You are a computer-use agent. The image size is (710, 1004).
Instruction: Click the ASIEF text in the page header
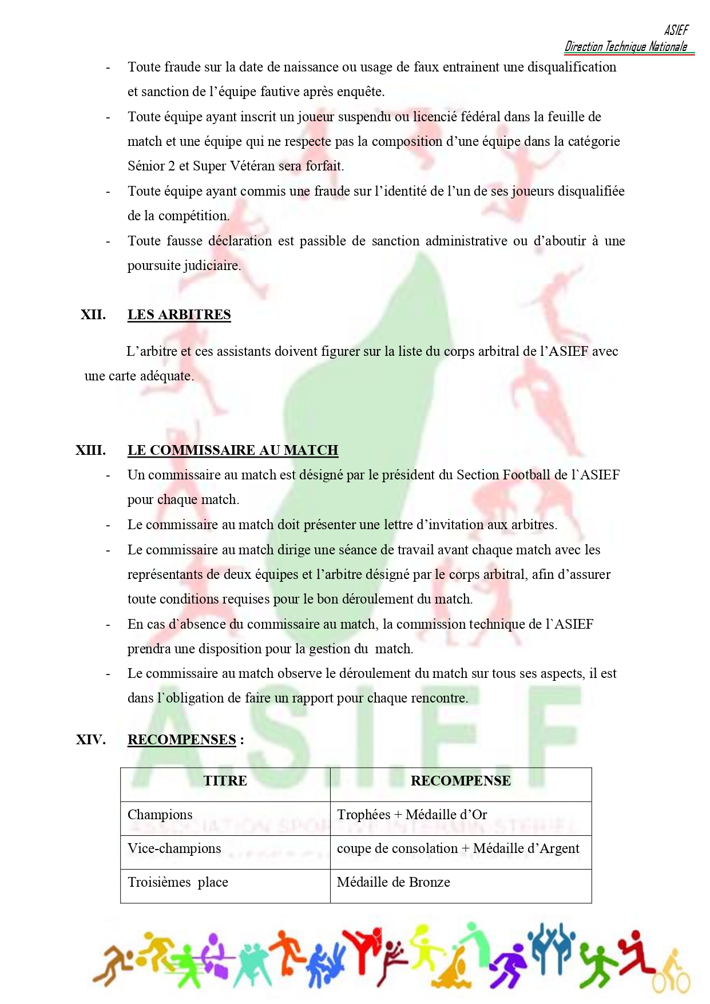coord(676,30)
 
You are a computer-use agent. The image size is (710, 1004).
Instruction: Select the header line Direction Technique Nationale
coord(626,47)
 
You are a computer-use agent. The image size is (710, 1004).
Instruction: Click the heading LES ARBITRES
coord(179,315)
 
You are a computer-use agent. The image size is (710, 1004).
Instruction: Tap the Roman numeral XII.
coord(93,315)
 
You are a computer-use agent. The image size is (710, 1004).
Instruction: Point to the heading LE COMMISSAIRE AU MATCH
coord(232,450)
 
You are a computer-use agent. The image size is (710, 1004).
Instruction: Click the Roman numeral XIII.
coord(90,450)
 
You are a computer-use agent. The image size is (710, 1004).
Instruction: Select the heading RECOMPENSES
coord(181,740)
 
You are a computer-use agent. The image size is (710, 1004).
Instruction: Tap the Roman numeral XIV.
coord(90,740)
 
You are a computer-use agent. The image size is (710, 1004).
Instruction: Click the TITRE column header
coord(225,781)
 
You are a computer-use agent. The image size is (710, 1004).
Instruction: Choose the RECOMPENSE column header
coord(461,781)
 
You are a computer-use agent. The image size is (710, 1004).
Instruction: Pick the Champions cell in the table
coord(160,815)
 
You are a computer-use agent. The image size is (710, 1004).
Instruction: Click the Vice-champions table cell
coord(174,848)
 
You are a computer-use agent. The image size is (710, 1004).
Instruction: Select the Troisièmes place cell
coord(177,882)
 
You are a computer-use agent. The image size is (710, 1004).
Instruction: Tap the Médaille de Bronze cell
coord(394,882)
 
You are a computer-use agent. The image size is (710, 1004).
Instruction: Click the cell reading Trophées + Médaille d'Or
coord(412,815)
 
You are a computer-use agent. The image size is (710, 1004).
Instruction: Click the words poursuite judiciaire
coord(183,265)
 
